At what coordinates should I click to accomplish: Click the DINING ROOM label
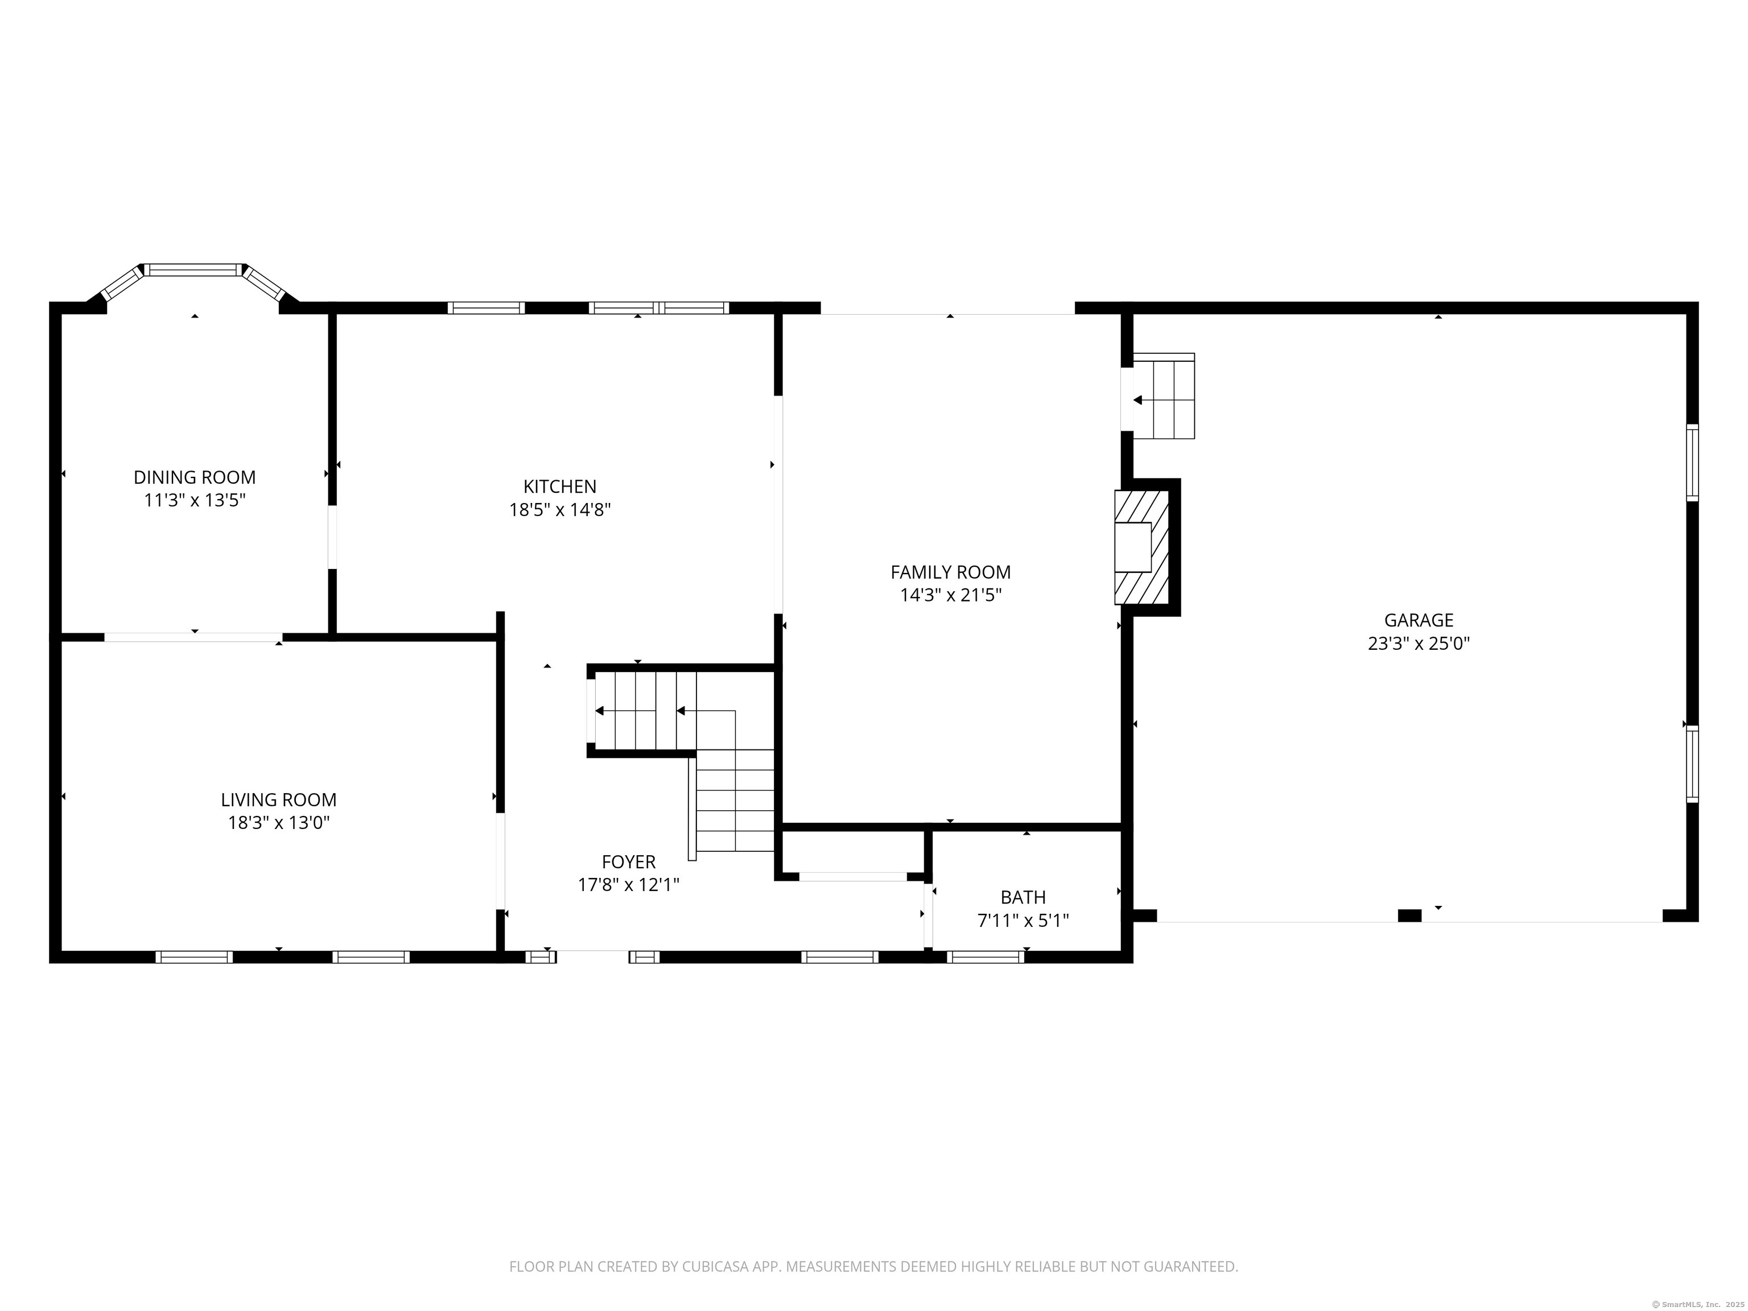(x=195, y=477)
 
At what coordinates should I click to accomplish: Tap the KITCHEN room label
(x=559, y=487)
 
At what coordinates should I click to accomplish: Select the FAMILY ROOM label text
(x=951, y=572)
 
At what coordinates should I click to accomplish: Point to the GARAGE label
(x=1419, y=620)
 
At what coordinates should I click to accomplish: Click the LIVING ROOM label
(x=279, y=799)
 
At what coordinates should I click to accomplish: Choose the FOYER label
(x=629, y=861)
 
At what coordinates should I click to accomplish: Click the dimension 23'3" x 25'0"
(x=1419, y=643)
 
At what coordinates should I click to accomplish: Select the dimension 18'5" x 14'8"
(x=559, y=510)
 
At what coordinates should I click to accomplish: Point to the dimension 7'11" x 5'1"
(x=1023, y=921)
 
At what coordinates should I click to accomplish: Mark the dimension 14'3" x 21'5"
(x=951, y=595)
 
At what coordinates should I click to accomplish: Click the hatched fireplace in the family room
(x=1142, y=547)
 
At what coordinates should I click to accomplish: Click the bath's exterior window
(x=986, y=956)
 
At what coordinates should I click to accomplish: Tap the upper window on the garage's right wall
(x=1692, y=462)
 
